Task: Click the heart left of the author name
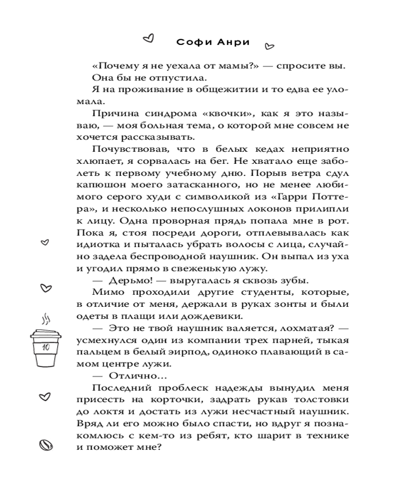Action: (147, 37)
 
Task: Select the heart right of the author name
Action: (269, 47)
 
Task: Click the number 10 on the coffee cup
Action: (46, 347)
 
